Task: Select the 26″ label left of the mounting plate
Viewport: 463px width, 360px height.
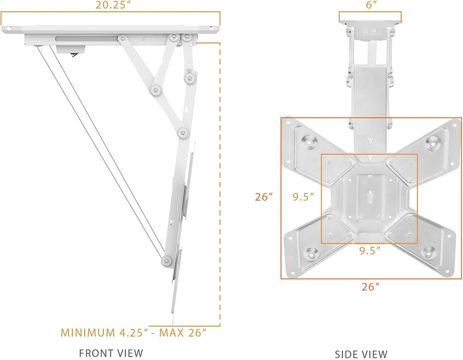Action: (x=263, y=197)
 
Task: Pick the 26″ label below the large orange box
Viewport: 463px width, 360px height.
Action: (x=370, y=287)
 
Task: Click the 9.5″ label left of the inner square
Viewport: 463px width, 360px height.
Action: (x=303, y=197)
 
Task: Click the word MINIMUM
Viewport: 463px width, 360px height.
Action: (x=87, y=332)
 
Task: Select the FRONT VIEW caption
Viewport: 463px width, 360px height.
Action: (x=111, y=353)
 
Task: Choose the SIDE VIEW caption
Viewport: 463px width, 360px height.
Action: (x=361, y=354)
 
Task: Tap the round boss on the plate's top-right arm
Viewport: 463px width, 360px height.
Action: (x=434, y=142)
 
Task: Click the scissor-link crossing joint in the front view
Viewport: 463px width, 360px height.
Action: (x=156, y=88)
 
